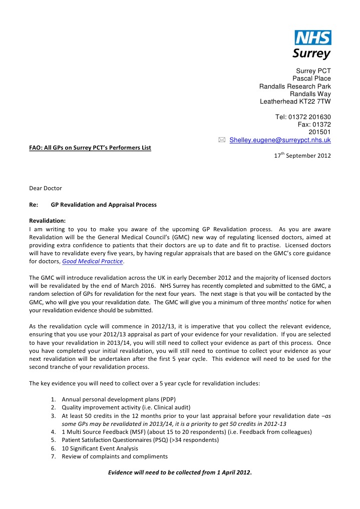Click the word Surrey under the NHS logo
(x=311, y=53)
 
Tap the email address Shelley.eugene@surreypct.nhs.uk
(x=280, y=140)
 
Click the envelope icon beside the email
(x=222, y=140)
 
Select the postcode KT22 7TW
(x=313, y=102)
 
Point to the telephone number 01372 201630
(x=311, y=117)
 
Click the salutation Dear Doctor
(x=46, y=189)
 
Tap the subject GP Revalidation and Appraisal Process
(x=104, y=205)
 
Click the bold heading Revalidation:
(x=47, y=220)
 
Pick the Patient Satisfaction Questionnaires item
(x=140, y=440)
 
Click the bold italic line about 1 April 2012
(x=180, y=471)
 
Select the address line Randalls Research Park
(x=295, y=86)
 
